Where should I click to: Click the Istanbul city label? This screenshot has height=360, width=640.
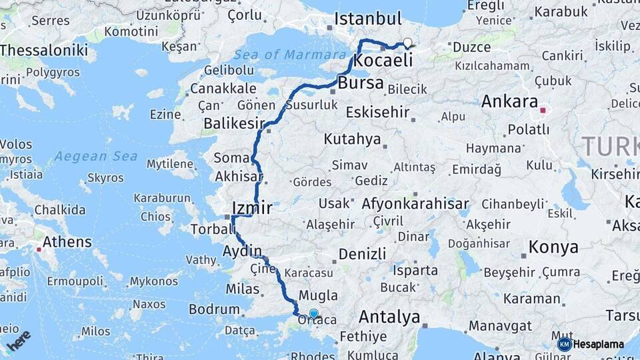pos(368,19)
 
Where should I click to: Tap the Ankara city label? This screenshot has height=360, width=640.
pos(509,102)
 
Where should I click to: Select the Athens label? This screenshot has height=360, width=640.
pos(67,241)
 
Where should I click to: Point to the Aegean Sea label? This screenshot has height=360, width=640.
pos(96,157)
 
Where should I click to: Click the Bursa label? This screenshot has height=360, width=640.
pos(361,84)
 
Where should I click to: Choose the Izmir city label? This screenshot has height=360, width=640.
pos(251,208)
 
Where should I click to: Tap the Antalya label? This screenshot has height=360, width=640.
pos(389,317)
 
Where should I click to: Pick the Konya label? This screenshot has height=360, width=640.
pos(553,247)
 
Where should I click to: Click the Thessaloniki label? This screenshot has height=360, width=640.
pos(44,50)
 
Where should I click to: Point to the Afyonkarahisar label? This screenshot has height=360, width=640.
pos(415,204)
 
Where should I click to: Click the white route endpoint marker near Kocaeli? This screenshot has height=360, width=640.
pos(407,43)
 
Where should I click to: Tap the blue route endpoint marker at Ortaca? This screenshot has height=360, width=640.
pos(314,312)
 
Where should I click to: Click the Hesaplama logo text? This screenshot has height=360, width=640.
pos(598,344)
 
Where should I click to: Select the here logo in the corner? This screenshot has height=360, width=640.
pos(19,340)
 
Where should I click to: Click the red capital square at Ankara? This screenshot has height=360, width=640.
pos(543,110)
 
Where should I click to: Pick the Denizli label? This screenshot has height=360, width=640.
pos(362,254)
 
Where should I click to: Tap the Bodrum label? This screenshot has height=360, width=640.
pos(214,309)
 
